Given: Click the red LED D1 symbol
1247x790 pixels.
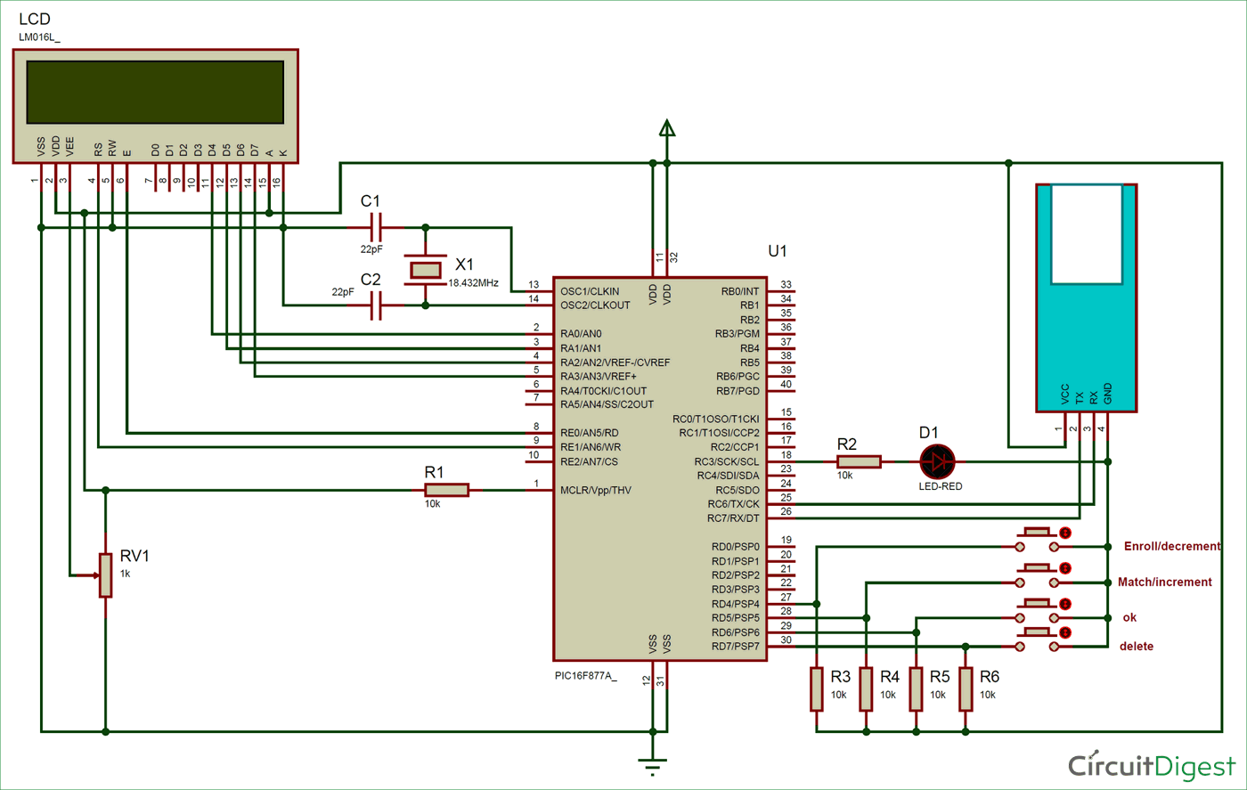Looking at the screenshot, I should click(x=937, y=461).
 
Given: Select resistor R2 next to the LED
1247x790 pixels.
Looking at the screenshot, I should click(x=859, y=461).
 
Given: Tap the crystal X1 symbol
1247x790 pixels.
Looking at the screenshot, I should click(x=425, y=269).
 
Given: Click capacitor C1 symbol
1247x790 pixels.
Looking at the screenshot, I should click(x=375, y=227).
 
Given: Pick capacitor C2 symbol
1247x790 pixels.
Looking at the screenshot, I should click(x=375, y=305).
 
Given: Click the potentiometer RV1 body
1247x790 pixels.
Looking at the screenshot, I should click(x=106, y=575).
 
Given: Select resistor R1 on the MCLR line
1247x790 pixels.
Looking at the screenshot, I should click(x=446, y=490).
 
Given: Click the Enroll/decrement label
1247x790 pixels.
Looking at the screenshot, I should click(x=1171, y=546).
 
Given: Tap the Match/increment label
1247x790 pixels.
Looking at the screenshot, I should click(x=1164, y=582).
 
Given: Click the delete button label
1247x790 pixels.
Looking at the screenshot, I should click(x=1136, y=646).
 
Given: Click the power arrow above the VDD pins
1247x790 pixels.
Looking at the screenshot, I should click(x=666, y=128).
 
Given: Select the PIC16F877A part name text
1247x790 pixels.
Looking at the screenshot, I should click(x=585, y=676).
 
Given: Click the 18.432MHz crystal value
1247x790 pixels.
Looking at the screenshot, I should click(x=473, y=282).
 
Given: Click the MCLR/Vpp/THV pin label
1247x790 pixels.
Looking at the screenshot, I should click(x=596, y=490).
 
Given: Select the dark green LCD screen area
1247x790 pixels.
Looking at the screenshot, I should click(x=155, y=92).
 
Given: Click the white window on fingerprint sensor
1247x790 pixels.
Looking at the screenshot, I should click(x=1086, y=233).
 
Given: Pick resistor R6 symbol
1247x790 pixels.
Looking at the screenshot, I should click(x=966, y=689).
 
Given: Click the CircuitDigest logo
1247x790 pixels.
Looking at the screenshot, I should click(x=1152, y=765).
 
